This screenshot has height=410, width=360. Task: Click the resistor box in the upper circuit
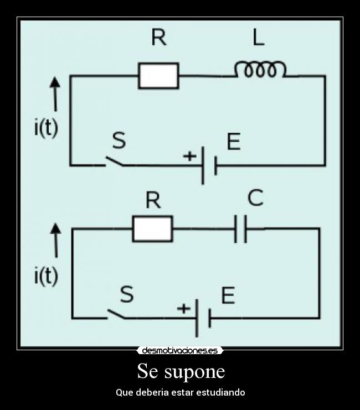tap(158, 76)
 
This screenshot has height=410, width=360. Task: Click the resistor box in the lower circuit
tap(152, 229)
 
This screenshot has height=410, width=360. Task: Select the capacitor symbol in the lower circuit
tap(241, 229)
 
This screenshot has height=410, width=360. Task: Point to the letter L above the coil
tap(258, 38)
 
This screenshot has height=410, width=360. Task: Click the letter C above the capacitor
tap(255, 198)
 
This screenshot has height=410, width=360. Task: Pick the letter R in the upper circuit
tap(159, 38)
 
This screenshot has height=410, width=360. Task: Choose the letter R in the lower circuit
tap(153, 200)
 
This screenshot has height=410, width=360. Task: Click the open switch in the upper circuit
tap(114, 161)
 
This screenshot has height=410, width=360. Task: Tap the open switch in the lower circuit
tap(117, 314)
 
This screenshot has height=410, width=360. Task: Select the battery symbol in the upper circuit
tap(208, 165)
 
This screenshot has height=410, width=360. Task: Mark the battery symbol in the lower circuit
tap(203, 318)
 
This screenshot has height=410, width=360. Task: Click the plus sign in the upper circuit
tap(189, 157)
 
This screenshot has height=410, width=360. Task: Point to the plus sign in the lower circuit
tap(183, 309)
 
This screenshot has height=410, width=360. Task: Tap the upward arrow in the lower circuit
tap(55, 240)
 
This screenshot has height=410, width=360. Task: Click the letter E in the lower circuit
tap(228, 295)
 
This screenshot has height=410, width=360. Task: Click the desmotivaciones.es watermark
tap(180, 350)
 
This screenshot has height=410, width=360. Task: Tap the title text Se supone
tap(181, 371)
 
